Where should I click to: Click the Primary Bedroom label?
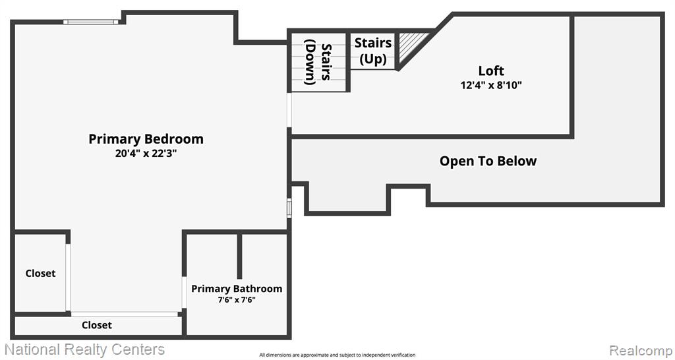coord(146,139)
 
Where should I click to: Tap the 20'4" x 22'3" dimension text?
coord(146,154)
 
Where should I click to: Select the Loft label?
coord(491,71)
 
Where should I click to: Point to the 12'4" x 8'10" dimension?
coord(491,85)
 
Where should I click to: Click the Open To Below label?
coord(488,161)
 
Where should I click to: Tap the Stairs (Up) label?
coord(373,51)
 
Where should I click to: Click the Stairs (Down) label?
coord(318,62)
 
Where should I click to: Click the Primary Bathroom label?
coord(237,289)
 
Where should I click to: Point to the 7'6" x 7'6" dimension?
coord(237,300)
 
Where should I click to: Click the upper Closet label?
coord(40,274)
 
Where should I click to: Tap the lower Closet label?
coord(97,325)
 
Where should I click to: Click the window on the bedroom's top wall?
coord(91,22)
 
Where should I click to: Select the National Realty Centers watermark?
coord(84,349)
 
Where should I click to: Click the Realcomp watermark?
coord(640,349)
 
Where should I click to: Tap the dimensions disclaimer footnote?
coord(337,355)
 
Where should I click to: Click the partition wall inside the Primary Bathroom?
coord(239,256)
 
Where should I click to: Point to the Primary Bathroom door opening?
coord(185,292)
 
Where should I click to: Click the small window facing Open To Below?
coord(289,208)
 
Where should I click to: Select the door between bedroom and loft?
coord(289,110)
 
